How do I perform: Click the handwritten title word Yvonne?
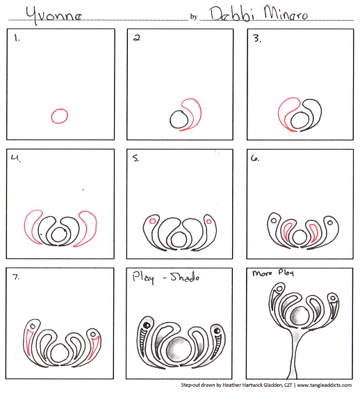(54, 15)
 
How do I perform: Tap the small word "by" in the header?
(193, 17)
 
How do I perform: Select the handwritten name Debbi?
(232, 14)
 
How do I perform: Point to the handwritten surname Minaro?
(286, 13)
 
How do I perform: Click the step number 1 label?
(17, 38)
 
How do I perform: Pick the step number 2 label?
(137, 38)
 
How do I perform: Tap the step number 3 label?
(257, 38)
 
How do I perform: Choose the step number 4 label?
(16, 159)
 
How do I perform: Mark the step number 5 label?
(136, 158)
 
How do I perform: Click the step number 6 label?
(255, 158)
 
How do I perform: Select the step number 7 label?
(16, 277)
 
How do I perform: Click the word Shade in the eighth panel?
(185, 277)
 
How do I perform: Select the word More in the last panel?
(262, 273)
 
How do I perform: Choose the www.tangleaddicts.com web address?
(325, 385)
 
